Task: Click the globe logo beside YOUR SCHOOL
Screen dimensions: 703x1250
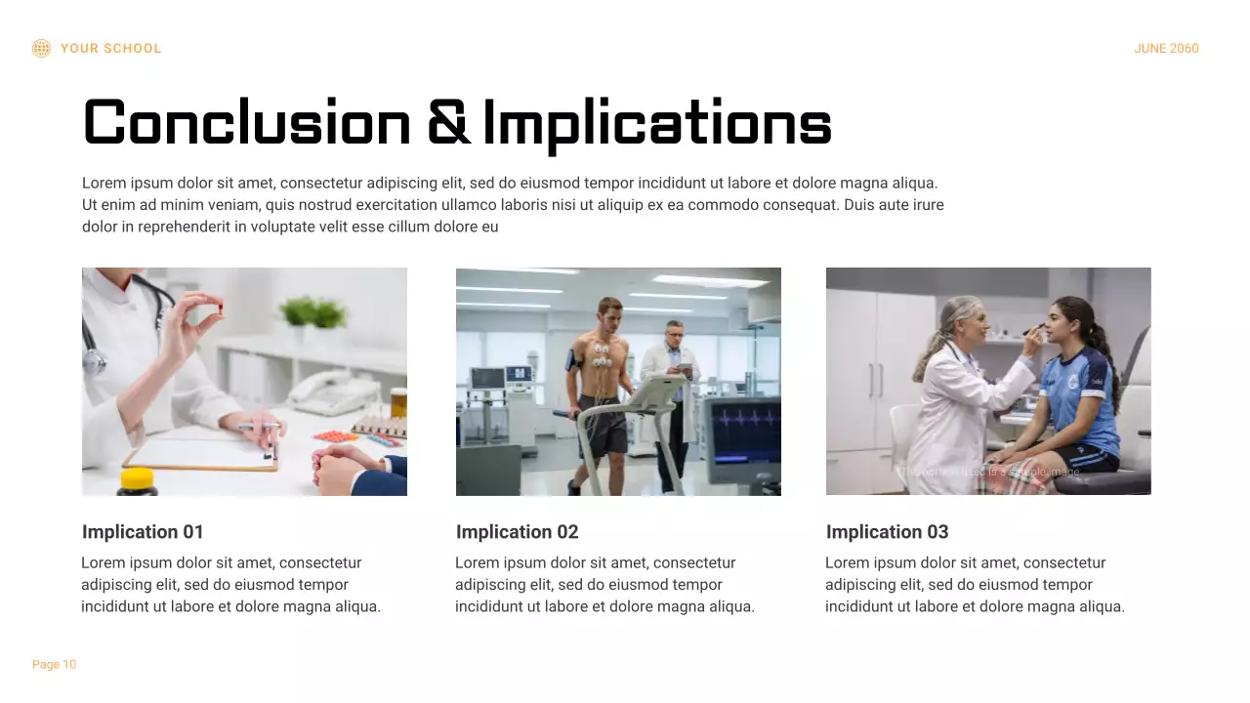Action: coord(41,48)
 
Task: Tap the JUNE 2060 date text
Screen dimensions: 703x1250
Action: coord(1166,49)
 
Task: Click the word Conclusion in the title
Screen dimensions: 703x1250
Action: coord(247,124)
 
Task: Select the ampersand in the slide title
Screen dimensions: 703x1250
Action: coord(448,124)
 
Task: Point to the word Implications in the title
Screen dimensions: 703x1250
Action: coord(656,124)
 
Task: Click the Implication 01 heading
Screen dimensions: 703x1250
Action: coord(143,532)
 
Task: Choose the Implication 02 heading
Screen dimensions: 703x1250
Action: coord(517,532)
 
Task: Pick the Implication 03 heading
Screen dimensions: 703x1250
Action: coord(887,532)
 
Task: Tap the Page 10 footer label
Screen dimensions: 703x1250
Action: coord(54,665)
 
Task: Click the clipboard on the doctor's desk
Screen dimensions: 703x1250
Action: coord(200,451)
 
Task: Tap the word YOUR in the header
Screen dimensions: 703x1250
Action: coord(78,49)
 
